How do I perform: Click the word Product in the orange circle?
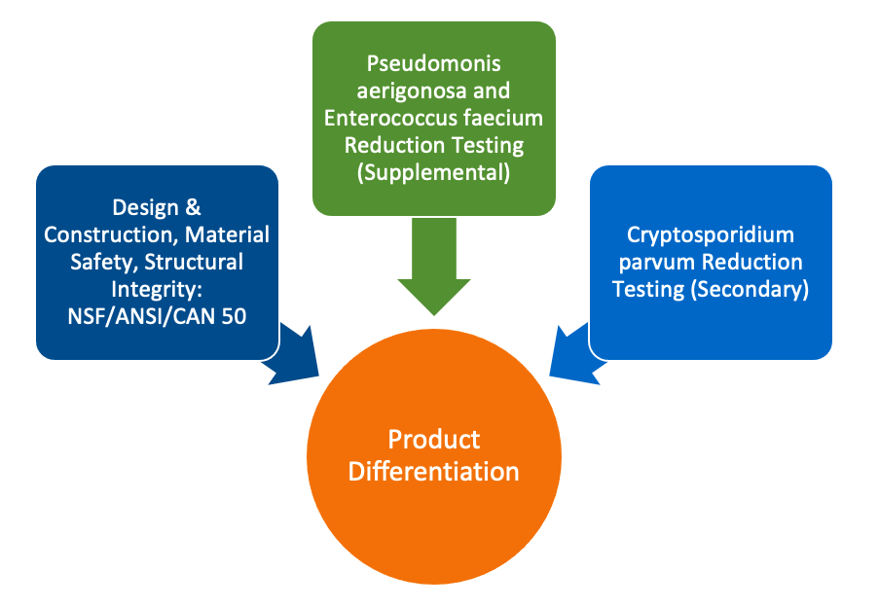click(x=434, y=439)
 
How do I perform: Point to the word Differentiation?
click(x=434, y=472)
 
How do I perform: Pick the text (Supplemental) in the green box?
click(x=434, y=172)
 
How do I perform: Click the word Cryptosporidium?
click(x=711, y=235)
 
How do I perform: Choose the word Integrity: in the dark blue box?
click(x=157, y=289)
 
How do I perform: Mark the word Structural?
click(x=195, y=262)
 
